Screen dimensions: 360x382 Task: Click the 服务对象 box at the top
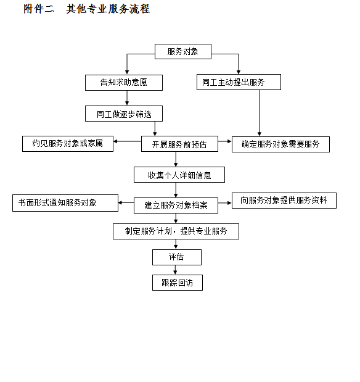coord(183,51)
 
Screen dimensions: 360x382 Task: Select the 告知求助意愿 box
coord(124,83)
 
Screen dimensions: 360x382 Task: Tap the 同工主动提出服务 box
coord(239,82)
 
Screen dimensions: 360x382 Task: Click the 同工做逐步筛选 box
coord(124,114)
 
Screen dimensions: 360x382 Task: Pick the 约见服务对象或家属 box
coord(68,144)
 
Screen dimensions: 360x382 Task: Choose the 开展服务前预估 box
coord(179,144)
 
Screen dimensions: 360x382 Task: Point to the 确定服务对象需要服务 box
coord(280,144)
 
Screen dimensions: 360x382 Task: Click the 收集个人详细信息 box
coord(179,175)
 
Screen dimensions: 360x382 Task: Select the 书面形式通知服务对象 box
coord(65,203)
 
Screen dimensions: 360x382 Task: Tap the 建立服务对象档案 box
coord(176,206)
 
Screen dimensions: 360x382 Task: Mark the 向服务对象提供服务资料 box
coord(284,201)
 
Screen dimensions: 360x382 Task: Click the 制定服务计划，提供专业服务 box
coord(176,231)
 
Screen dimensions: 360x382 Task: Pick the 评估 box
coord(177,257)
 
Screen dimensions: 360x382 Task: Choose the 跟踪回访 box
coord(178,283)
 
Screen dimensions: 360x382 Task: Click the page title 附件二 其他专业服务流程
coord(87,9)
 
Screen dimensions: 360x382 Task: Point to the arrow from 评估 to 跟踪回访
coord(175,270)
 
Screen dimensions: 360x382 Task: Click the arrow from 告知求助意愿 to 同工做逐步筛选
coord(127,98)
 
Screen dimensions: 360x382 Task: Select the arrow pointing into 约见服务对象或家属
coord(128,141)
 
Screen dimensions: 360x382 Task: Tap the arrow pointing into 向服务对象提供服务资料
coord(225,202)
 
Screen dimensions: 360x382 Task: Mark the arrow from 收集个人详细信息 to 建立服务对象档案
coord(176,190)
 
